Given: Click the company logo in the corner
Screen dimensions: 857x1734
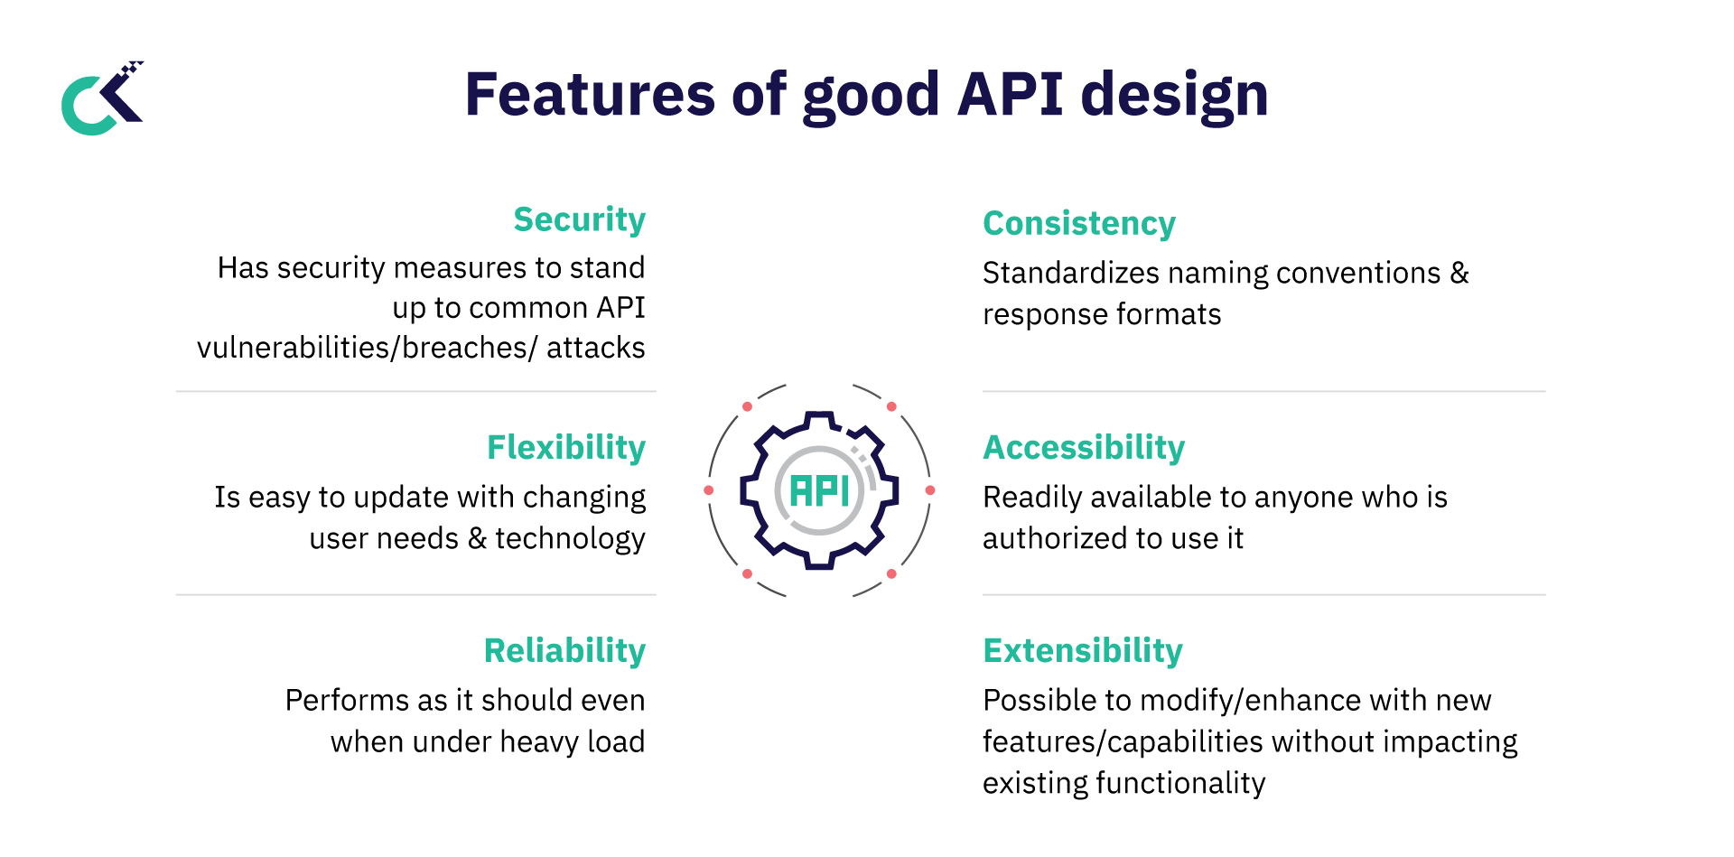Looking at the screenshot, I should (x=102, y=98).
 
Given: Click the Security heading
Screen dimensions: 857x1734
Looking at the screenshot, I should (x=579, y=219).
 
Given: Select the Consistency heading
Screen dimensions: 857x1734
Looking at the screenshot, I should (x=1078, y=223).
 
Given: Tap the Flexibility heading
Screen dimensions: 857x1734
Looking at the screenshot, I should (x=565, y=447).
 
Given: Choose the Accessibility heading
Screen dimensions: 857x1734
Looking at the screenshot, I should (x=1083, y=447).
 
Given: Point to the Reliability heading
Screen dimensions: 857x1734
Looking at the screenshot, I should (x=564, y=650).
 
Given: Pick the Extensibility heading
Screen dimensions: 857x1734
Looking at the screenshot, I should (x=1082, y=650).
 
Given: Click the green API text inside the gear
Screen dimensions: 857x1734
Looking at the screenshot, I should (x=818, y=491).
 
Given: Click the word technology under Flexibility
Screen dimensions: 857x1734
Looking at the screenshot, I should (x=570, y=538).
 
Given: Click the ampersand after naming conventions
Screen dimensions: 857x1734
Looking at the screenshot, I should (x=1459, y=273).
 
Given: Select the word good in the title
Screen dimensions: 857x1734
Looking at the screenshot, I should (x=871, y=95).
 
